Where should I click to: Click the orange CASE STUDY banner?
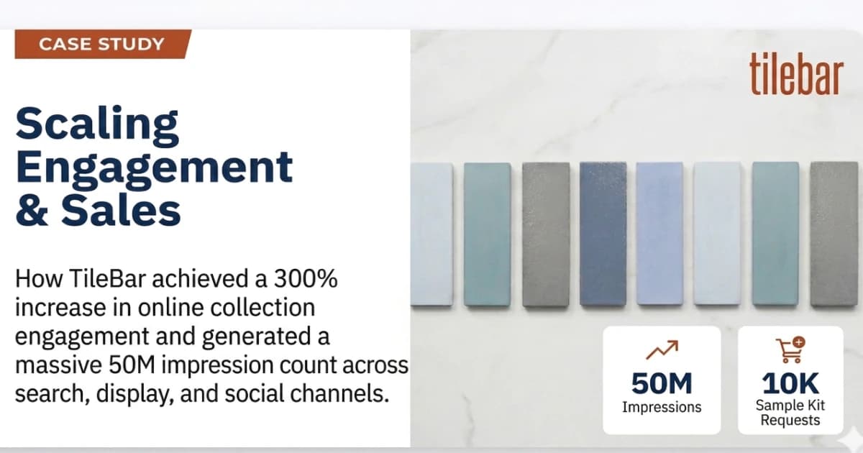(x=101, y=44)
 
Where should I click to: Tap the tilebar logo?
(x=795, y=75)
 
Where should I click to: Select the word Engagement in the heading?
(x=154, y=168)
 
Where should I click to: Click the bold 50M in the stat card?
(x=662, y=384)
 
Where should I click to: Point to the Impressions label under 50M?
(x=662, y=407)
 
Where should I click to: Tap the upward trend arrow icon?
(x=662, y=351)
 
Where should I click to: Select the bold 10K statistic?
(x=790, y=384)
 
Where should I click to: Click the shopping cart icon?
(x=790, y=350)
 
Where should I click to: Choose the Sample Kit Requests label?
(x=790, y=413)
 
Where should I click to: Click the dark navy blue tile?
(x=603, y=234)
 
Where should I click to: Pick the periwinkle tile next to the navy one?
(x=659, y=234)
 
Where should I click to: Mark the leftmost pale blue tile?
(x=431, y=234)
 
